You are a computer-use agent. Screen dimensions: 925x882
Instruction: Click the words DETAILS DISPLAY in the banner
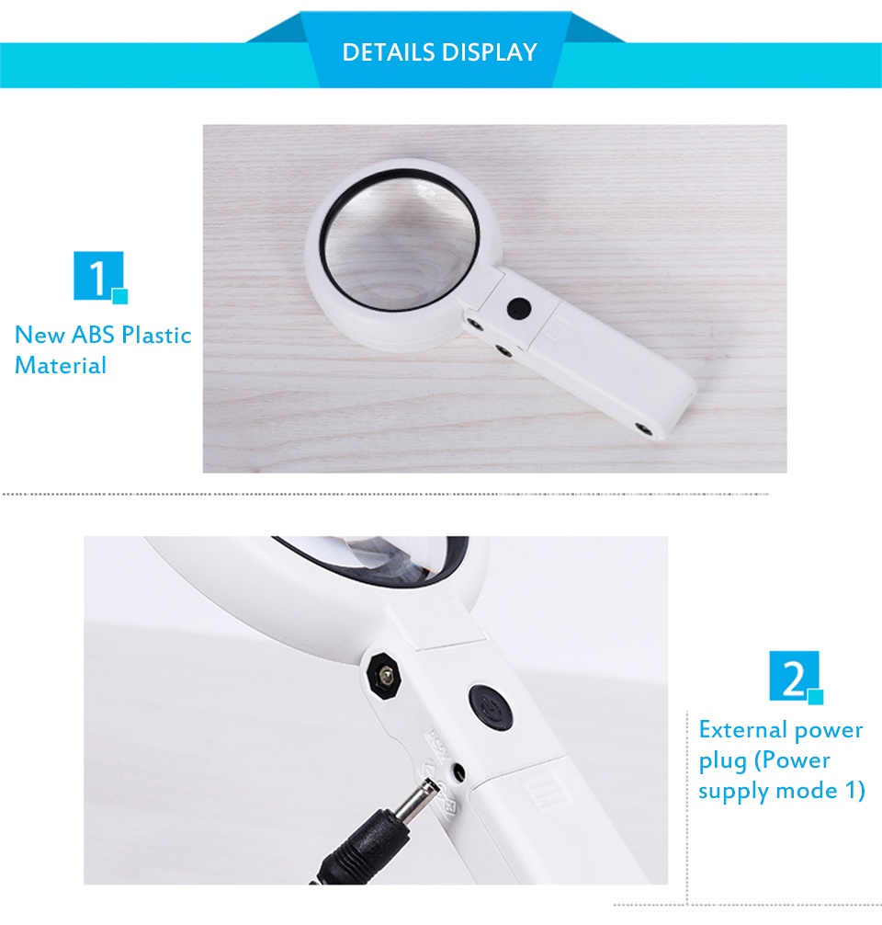pos(439,52)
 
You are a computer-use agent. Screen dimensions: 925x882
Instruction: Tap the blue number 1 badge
pos(98,276)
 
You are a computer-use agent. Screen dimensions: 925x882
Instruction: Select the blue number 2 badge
pos(795,677)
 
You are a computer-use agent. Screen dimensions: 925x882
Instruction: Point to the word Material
pos(61,365)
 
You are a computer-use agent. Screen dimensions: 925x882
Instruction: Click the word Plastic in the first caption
pos(157,335)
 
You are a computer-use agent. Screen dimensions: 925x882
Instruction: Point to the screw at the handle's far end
pos(644,428)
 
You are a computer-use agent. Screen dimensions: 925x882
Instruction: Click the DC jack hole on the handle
pos(458,771)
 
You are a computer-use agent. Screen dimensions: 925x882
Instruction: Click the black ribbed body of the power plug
pos(363,835)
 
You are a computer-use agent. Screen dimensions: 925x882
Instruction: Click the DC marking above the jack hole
pos(438,740)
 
